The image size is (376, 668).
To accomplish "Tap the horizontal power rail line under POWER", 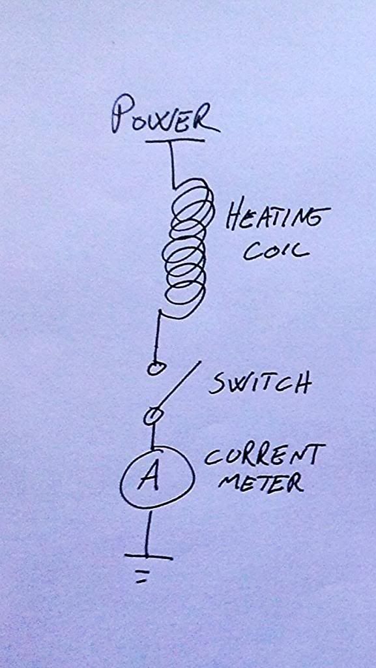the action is [x=175, y=140].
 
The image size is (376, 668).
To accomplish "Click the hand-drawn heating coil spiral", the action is [x=186, y=247].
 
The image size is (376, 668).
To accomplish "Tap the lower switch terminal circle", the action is [x=149, y=416].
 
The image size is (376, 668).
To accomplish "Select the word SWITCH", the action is [x=259, y=384].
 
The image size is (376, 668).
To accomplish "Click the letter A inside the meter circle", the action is [x=149, y=479].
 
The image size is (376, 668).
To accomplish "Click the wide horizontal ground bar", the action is [x=149, y=557].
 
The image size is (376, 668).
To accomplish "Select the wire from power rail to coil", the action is [x=173, y=164].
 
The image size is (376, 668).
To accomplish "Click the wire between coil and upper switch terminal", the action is [x=158, y=337].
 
